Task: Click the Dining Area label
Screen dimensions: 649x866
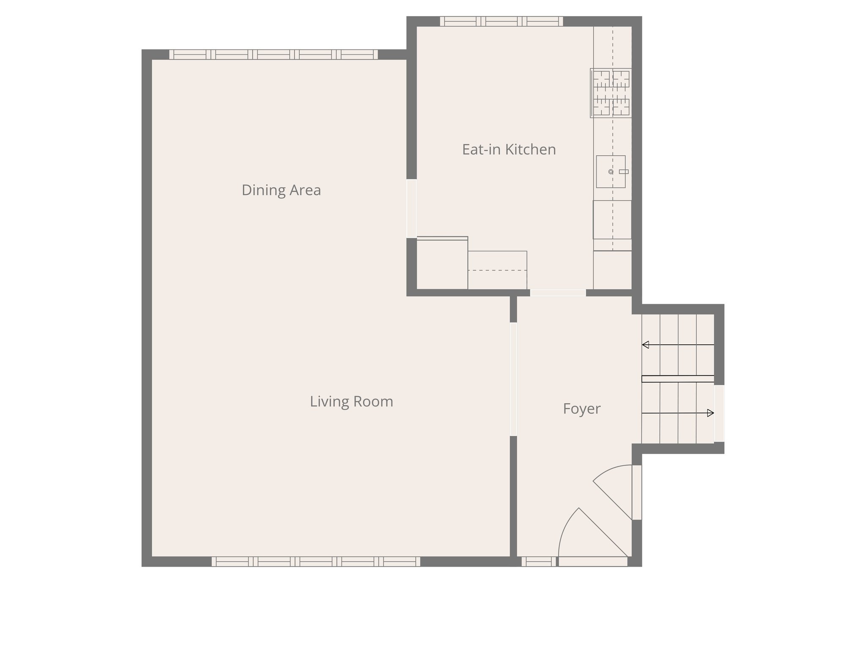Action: pos(281,190)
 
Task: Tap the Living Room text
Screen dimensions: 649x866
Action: pos(351,401)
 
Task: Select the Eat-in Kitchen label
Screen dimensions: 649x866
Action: pos(509,150)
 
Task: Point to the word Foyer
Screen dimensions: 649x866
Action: pos(581,409)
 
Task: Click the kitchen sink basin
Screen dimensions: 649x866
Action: pos(610,172)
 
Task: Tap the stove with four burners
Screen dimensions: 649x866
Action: pos(611,93)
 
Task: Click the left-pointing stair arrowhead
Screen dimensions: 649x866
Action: pos(645,345)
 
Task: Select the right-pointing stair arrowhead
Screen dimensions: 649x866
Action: pos(711,413)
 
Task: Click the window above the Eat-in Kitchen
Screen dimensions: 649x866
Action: pos(502,21)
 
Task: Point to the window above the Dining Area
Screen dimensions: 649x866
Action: pos(274,55)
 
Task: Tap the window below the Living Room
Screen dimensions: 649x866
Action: pos(316,561)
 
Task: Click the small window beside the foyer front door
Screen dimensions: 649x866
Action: pos(539,561)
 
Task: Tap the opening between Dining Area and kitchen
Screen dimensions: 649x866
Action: pos(411,208)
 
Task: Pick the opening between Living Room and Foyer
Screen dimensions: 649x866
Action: pos(513,379)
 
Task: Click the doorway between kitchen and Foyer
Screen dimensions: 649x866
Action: pos(558,292)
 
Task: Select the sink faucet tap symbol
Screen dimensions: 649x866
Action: pos(624,172)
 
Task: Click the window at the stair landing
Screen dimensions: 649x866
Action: pos(719,413)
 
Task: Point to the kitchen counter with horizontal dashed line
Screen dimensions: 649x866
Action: pos(497,270)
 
